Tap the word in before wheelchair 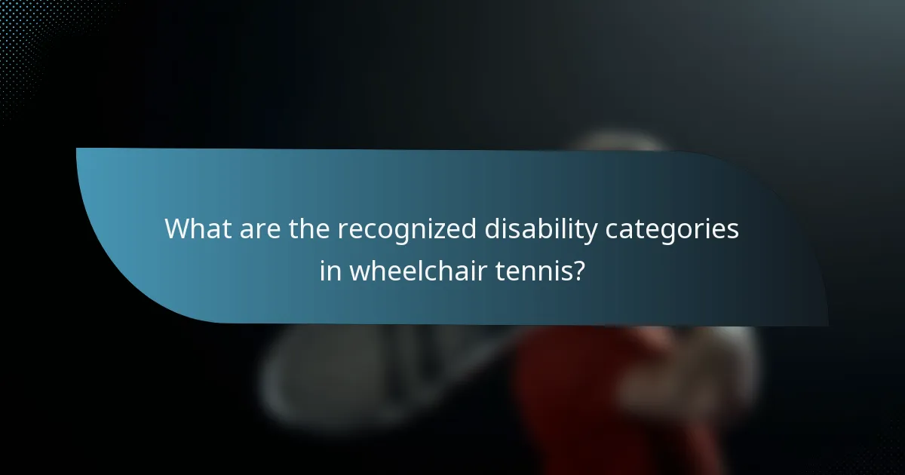click(x=330, y=270)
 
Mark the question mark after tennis click(x=578, y=270)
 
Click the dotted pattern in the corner click(x=30, y=45)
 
